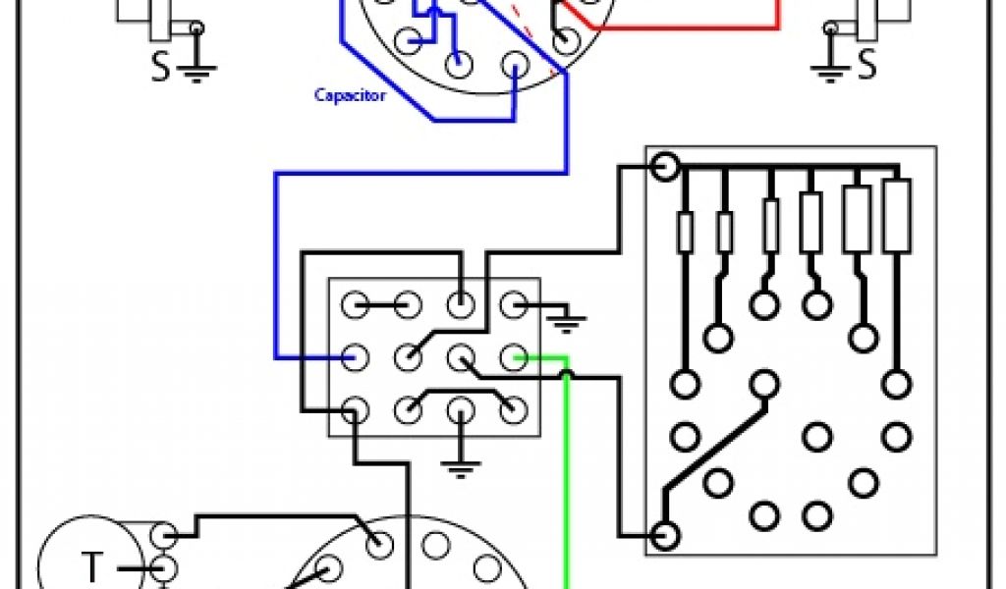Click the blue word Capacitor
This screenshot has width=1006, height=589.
click(x=350, y=95)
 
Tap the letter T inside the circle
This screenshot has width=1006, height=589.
click(x=91, y=566)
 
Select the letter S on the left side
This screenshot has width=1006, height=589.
click(x=160, y=67)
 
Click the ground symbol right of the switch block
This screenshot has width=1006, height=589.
click(x=565, y=318)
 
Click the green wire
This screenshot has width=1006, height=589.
click(x=567, y=471)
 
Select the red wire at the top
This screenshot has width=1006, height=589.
click(x=688, y=27)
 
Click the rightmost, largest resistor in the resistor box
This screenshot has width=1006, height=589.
click(x=896, y=216)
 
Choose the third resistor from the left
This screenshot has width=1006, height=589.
click(x=770, y=224)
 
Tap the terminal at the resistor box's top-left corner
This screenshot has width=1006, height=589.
click(x=664, y=166)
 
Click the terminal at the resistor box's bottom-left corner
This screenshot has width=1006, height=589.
click(x=664, y=536)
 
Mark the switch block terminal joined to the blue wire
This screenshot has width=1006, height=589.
click(x=355, y=356)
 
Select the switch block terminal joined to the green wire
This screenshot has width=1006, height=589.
click(x=511, y=356)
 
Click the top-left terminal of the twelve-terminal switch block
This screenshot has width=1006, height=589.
click(x=355, y=304)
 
